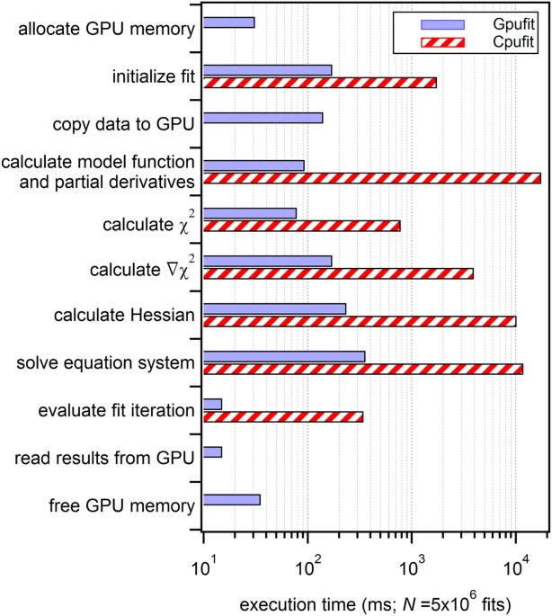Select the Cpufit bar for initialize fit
click(x=320, y=83)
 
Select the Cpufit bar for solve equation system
click(x=363, y=369)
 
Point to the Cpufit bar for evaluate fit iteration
click(x=283, y=416)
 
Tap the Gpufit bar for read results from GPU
click(x=213, y=451)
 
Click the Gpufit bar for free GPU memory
click(x=232, y=499)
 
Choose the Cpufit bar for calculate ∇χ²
click(x=338, y=273)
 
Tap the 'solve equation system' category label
click(x=106, y=363)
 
